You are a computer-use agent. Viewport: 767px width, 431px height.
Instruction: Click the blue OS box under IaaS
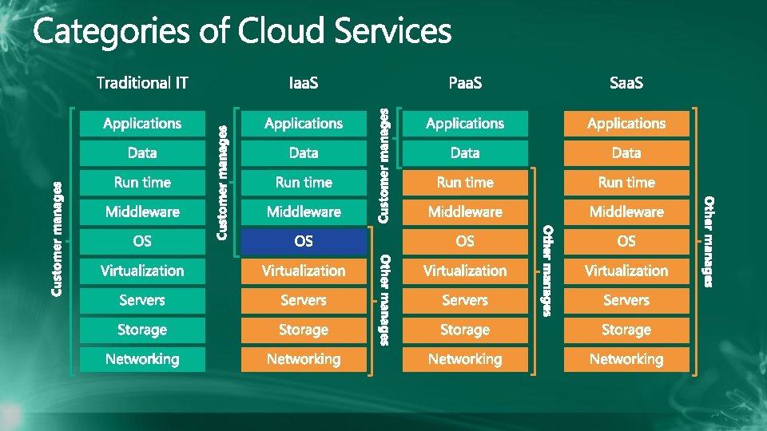coord(304,241)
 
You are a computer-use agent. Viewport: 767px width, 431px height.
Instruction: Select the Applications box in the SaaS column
coord(626,124)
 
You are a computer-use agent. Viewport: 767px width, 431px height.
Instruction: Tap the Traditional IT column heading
coord(142,82)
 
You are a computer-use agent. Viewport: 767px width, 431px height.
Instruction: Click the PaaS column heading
coord(465,82)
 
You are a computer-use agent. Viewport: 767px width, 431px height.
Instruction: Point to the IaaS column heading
coord(304,82)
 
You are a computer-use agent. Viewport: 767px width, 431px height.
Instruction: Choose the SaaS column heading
coord(626,82)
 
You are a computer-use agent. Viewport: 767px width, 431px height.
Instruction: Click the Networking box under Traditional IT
coord(142,359)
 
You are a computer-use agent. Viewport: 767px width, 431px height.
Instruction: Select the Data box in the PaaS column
coord(465,153)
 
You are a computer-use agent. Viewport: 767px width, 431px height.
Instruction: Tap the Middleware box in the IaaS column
coord(304,212)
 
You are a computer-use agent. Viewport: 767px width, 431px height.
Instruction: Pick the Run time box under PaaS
coord(465,183)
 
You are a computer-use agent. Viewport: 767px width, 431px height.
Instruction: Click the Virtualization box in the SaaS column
coord(626,271)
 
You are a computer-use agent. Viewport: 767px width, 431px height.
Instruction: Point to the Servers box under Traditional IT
coord(142,300)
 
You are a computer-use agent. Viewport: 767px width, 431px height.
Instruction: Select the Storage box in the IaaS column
coord(304,330)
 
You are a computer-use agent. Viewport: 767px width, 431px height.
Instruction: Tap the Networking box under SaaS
coord(626,359)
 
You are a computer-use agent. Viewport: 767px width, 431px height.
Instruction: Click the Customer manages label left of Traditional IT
coord(57,239)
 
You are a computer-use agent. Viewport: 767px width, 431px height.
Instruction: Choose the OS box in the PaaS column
coord(465,241)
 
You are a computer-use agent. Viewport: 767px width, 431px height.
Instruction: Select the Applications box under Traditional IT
coord(142,124)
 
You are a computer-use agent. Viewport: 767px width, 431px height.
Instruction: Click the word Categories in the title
coord(111,33)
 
